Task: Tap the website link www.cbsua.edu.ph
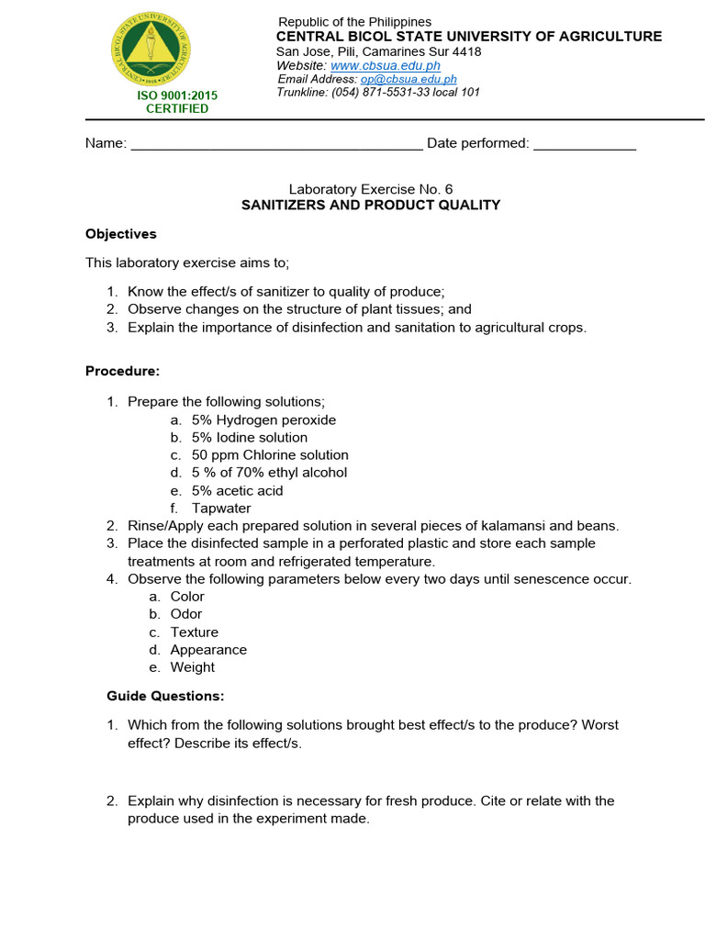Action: click(385, 66)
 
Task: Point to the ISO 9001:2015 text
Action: click(177, 95)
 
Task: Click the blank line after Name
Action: click(276, 144)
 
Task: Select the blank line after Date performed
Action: click(584, 144)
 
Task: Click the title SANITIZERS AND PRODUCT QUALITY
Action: click(371, 205)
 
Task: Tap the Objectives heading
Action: click(121, 234)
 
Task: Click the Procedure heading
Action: click(122, 371)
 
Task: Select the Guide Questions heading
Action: click(165, 696)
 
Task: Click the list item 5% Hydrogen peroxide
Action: click(263, 420)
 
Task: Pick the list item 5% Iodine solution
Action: click(250, 438)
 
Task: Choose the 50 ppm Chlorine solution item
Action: click(270, 455)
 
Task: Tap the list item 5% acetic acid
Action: click(237, 490)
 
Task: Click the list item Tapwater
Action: click(221, 509)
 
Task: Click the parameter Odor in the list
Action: click(186, 614)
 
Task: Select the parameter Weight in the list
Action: click(193, 667)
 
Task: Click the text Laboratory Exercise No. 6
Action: click(371, 188)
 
